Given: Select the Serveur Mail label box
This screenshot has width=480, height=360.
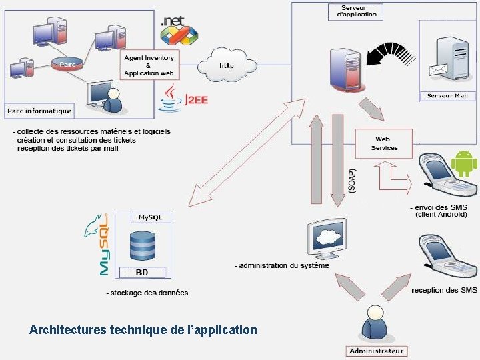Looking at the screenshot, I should [x=448, y=96].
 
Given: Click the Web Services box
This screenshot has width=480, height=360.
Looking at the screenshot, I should [x=383, y=143].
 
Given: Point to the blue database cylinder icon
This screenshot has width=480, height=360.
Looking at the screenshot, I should [x=143, y=245].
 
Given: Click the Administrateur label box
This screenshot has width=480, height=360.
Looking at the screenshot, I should [x=377, y=351].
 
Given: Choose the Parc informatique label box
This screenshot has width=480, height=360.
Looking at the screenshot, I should [x=39, y=110].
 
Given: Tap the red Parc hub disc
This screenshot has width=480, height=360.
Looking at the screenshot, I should [x=67, y=64].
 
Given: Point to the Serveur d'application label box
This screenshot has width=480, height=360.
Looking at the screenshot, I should [x=356, y=11].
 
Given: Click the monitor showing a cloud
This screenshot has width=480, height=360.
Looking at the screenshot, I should [x=326, y=238].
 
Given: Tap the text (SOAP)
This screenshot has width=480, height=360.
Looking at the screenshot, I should [x=352, y=180].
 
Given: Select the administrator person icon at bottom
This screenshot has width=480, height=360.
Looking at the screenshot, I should [x=375, y=324].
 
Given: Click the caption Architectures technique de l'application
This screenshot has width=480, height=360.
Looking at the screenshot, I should [x=143, y=329].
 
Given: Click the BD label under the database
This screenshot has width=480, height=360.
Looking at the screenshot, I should [x=142, y=272].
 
